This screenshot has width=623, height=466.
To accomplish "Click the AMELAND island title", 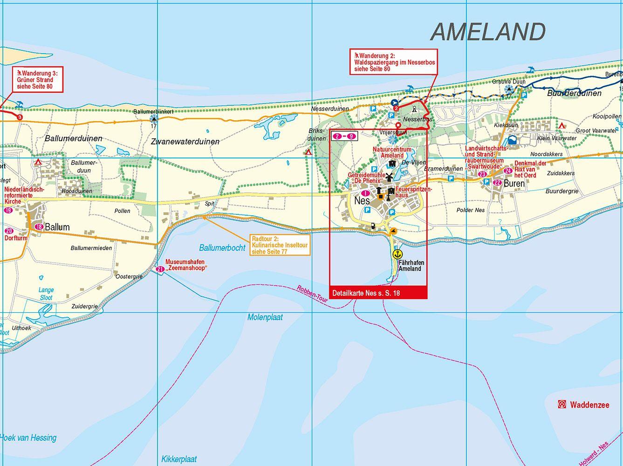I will [x=487, y=32].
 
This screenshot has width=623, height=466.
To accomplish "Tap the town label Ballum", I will [x=57, y=227].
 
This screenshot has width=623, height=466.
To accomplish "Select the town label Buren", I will [x=514, y=184].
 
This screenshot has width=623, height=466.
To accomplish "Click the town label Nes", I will [x=362, y=201].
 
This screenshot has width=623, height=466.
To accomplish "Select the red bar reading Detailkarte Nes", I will [x=378, y=294].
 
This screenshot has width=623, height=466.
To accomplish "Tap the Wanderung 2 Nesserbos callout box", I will [x=394, y=62].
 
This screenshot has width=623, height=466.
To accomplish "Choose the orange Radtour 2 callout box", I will [x=279, y=245].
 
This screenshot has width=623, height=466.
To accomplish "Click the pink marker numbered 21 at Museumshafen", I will [x=160, y=269].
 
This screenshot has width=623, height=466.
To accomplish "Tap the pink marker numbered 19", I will [x=8, y=211].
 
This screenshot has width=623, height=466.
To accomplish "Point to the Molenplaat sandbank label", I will [x=265, y=318].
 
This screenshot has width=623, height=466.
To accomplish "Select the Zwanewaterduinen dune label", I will [x=185, y=141].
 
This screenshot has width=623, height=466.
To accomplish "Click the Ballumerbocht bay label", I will [x=222, y=248].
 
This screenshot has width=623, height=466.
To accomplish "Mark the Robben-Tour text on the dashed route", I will [x=312, y=296].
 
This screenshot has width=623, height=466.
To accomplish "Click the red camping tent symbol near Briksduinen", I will [x=308, y=152].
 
